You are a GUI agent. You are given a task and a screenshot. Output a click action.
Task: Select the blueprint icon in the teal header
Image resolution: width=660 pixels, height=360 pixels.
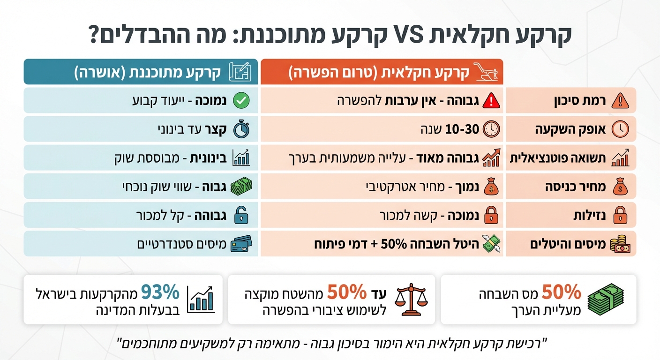pyautogui.click(x=240, y=72)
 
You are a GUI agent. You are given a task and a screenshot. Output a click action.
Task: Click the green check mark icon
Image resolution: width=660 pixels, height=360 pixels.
pyautogui.click(x=241, y=100)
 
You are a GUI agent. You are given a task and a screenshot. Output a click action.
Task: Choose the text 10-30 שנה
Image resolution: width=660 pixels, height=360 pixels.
pyautogui.click(x=450, y=129)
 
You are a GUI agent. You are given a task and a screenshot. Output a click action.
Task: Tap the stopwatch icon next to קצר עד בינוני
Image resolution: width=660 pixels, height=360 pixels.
pyautogui.click(x=241, y=130)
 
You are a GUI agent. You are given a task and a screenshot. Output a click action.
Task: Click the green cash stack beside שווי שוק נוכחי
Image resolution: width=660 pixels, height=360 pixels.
pyautogui.click(x=241, y=187)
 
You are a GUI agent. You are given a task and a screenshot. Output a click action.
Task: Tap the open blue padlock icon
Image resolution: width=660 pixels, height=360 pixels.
pyautogui.click(x=241, y=216)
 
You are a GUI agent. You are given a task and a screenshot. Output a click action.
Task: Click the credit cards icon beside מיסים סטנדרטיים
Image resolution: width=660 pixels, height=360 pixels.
pyautogui.click(x=241, y=244)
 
